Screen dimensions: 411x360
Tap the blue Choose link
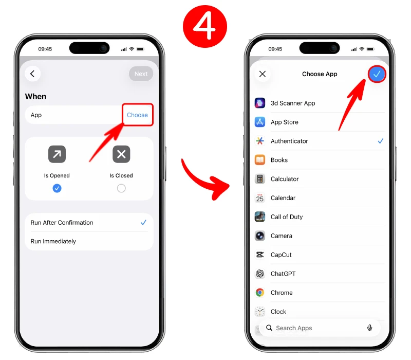point(137,115)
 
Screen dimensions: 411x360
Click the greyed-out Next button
point(141,74)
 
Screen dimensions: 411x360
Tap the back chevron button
point(32,74)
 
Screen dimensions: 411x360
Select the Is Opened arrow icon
point(57,154)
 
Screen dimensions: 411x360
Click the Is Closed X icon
point(121,154)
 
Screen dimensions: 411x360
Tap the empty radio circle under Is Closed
point(121,188)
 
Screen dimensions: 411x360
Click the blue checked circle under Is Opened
point(57,188)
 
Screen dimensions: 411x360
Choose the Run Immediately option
point(53,241)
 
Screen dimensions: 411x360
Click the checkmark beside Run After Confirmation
point(143,223)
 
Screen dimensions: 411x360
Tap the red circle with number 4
point(205,27)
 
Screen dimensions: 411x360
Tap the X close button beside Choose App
point(263,74)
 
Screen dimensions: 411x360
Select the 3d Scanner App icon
point(260,103)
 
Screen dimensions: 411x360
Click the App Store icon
point(260,122)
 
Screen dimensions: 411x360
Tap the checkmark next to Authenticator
point(381,141)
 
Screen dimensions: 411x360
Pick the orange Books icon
point(260,160)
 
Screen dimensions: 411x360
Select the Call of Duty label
point(287,217)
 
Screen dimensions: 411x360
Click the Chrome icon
point(260,292)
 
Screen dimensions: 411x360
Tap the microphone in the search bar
point(370,328)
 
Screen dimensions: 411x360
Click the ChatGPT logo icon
point(260,274)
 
